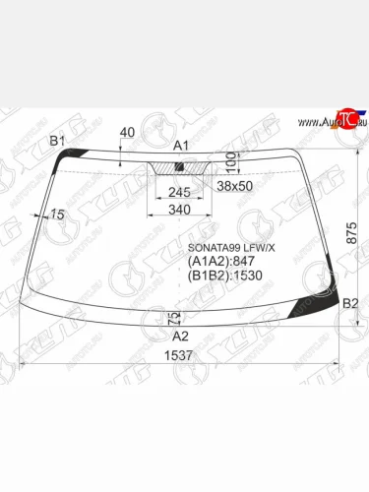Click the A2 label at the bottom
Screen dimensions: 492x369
(180, 336)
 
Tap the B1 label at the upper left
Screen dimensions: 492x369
(57, 143)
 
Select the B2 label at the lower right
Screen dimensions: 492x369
(349, 305)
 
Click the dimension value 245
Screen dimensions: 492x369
(179, 192)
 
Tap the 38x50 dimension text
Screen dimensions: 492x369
(234, 185)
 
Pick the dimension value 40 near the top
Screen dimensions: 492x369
(126, 132)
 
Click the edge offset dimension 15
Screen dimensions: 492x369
(57, 215)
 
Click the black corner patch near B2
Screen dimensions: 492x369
(325, 302)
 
